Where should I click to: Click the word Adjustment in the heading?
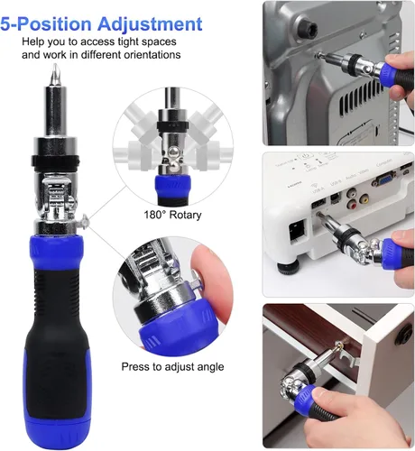[x=150, y=24]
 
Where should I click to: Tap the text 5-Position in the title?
[x=46, y=23]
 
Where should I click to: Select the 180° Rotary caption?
[x=172, y=215]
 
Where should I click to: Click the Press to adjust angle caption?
[x=172, y=367]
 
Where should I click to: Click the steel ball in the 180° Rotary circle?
[x=172, y=151]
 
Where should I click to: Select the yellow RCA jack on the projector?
[x=364, y=198]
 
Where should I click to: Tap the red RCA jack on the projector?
[x=352, y=206]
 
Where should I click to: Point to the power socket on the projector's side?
[x=297, y=231]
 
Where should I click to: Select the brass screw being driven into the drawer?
[x=340, y=345]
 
